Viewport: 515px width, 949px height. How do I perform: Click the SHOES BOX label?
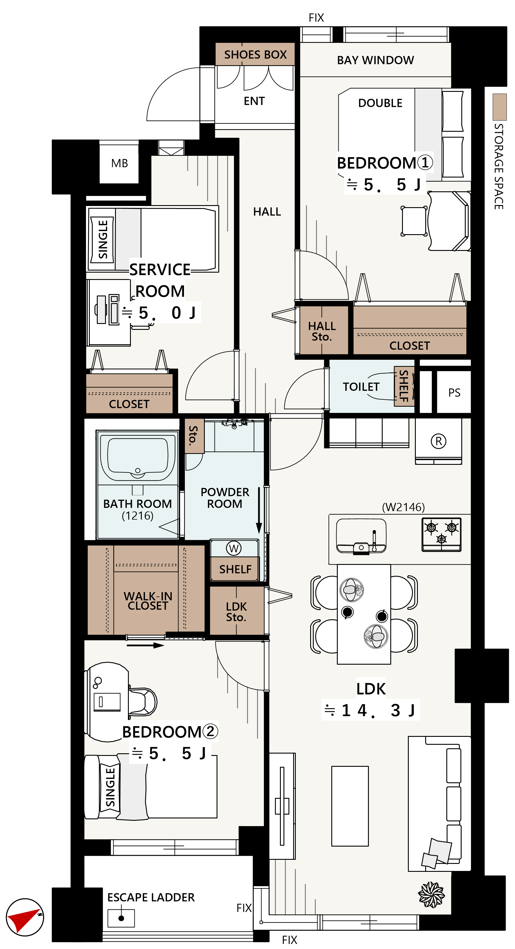tap(255, 55)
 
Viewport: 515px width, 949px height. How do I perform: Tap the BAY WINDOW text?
tap(375, 60)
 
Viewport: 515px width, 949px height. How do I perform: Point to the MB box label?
tap(120, 163)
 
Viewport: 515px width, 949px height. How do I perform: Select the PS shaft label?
tap(454, 393)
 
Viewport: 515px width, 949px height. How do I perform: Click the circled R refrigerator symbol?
tap(438, 441)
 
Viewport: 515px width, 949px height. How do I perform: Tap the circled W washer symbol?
tap(234, 548)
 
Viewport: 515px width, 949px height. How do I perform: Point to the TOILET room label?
tap(361, 387)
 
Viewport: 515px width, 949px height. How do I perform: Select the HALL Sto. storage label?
tap(322, 331)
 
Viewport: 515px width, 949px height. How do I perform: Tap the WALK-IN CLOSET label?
tap(148, 601)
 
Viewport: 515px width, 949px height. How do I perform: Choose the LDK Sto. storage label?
tap(236, 612)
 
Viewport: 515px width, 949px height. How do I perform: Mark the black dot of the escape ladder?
tap(121, 918)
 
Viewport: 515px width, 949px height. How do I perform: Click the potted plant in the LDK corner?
tap(431, 895)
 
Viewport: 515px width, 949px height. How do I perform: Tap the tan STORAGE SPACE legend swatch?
tap(499, 107)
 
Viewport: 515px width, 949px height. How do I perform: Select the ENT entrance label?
tap(254, 101)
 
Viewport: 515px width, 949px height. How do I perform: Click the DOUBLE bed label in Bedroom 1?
tap(380, 103)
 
